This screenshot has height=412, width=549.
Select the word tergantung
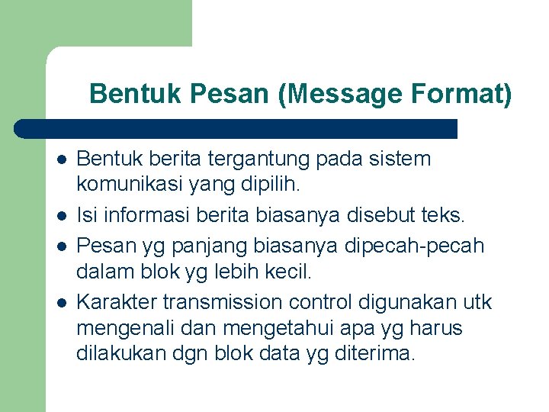pos(249,159)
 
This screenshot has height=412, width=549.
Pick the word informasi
pos(143,215)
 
